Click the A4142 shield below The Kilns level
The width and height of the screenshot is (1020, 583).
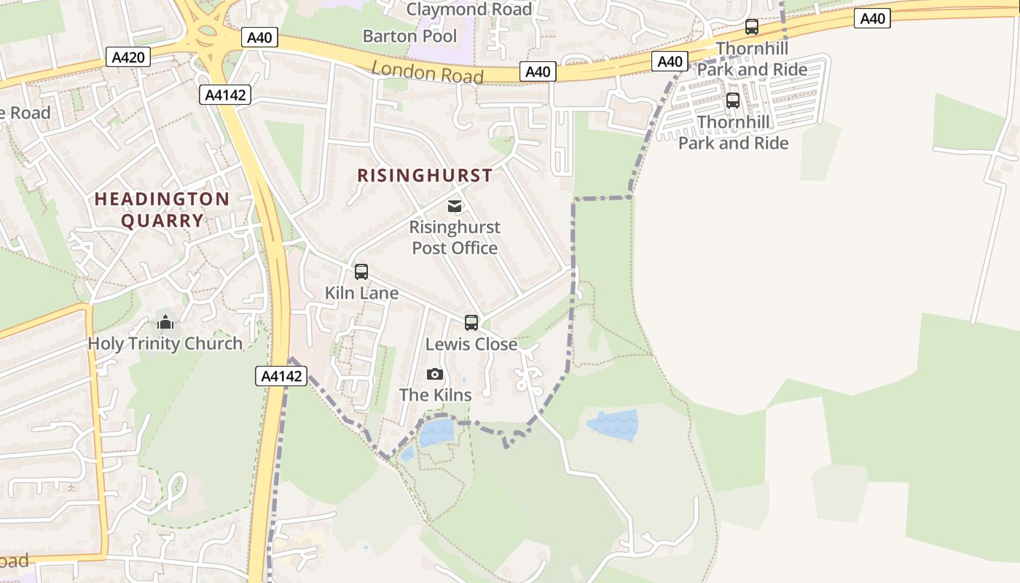click(281, 376)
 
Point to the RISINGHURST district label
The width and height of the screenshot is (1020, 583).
click(425, 176)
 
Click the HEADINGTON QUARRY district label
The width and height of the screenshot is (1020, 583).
click(162, 209)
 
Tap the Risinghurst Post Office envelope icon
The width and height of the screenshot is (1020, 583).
click(455, 206)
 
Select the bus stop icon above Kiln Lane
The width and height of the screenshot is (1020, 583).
click(361, 272)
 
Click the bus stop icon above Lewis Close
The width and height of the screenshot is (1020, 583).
click(471, 323)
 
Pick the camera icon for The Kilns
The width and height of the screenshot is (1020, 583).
click(435, 375)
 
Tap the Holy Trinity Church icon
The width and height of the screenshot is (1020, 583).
click(165, 322)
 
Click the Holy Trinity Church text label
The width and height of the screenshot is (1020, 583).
click(165, 344)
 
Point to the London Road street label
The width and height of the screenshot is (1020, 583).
click(428, 72)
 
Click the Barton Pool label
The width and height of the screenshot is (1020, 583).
click(409, 36)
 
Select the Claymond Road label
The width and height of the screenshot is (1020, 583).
click(468, 9)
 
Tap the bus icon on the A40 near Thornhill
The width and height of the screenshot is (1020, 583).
click(752, 28)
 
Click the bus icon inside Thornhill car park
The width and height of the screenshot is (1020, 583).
click(733, 101)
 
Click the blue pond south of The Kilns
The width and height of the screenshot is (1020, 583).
click(436, 432)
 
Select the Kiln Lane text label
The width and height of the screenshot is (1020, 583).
click(361, 293)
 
